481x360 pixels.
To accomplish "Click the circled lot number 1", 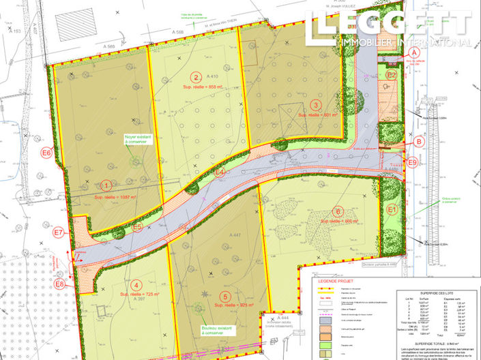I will [106, 185].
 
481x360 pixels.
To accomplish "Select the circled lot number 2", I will [196, 77].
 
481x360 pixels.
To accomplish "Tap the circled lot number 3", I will [316, 104].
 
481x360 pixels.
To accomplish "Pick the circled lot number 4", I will [137, 286].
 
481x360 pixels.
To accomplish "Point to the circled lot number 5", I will [224, 296].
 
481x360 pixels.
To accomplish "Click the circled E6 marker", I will [46, 153].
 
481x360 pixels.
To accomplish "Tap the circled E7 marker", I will [59, 232].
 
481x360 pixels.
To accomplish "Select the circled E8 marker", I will [60, 284].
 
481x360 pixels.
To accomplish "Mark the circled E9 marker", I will [412, 162].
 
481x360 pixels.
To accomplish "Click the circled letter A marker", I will [413, 52].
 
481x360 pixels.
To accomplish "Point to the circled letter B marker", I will [420, 142].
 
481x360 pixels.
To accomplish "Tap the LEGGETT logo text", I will [389, 25].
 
